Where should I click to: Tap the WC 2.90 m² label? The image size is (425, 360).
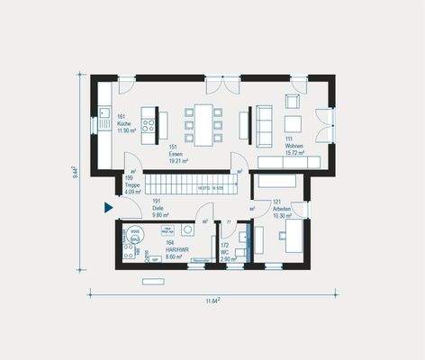coord(226,252)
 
